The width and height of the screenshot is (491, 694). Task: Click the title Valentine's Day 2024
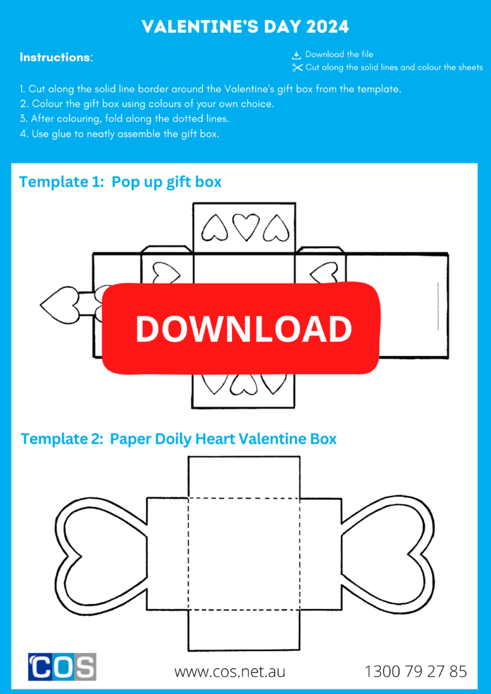click(x=245, y=26)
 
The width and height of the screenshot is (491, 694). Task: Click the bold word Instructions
click(x=55, y=57)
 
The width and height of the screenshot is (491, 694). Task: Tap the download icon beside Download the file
click(x=297, y=55)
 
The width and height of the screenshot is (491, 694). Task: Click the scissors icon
click(x=297, y=67)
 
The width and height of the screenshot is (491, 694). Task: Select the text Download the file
click(x=339, y=55)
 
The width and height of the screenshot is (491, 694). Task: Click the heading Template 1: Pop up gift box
click(x=120, y=182)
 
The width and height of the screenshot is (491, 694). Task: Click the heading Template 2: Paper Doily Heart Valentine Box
click(x=179, y=439)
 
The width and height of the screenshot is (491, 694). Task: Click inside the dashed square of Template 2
click(x=244, y=554)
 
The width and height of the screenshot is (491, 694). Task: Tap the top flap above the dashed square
click(x=244, y=477)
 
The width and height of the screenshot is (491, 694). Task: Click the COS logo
click(x=62, y=666)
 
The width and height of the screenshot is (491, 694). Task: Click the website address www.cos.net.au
click(x=229, y=672)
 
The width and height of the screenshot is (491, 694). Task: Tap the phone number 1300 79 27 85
click(x=415, y=672)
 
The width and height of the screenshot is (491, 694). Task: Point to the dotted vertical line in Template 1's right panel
click(x=438, y=306)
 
